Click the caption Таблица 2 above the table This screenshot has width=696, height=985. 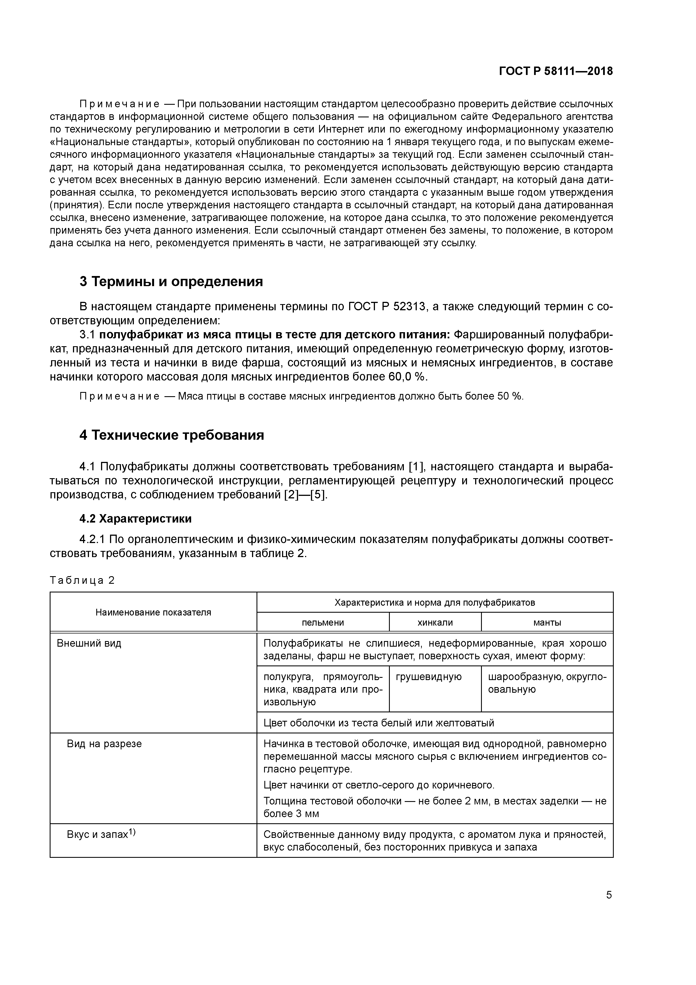click(82, 580)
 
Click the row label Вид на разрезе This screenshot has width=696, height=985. click(104, 744)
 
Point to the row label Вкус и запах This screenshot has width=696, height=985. click(101, 834)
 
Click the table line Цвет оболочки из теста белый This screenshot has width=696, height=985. click(379, 723)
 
